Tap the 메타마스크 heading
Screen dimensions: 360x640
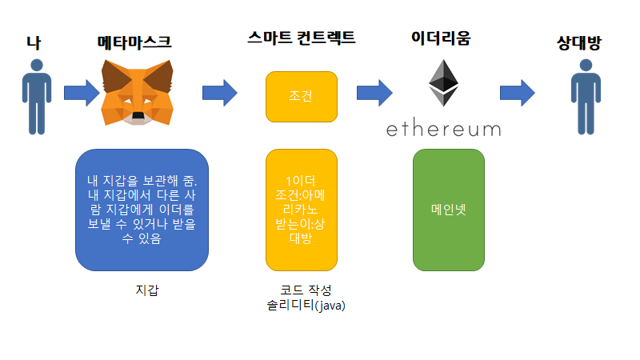coord(134,42)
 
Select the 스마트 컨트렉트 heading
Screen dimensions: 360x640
coord(302,38)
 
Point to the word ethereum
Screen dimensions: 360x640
coord(443,128)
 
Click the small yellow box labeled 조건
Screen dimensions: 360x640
coord(301,97)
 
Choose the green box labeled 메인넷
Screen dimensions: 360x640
coord(448,210)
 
